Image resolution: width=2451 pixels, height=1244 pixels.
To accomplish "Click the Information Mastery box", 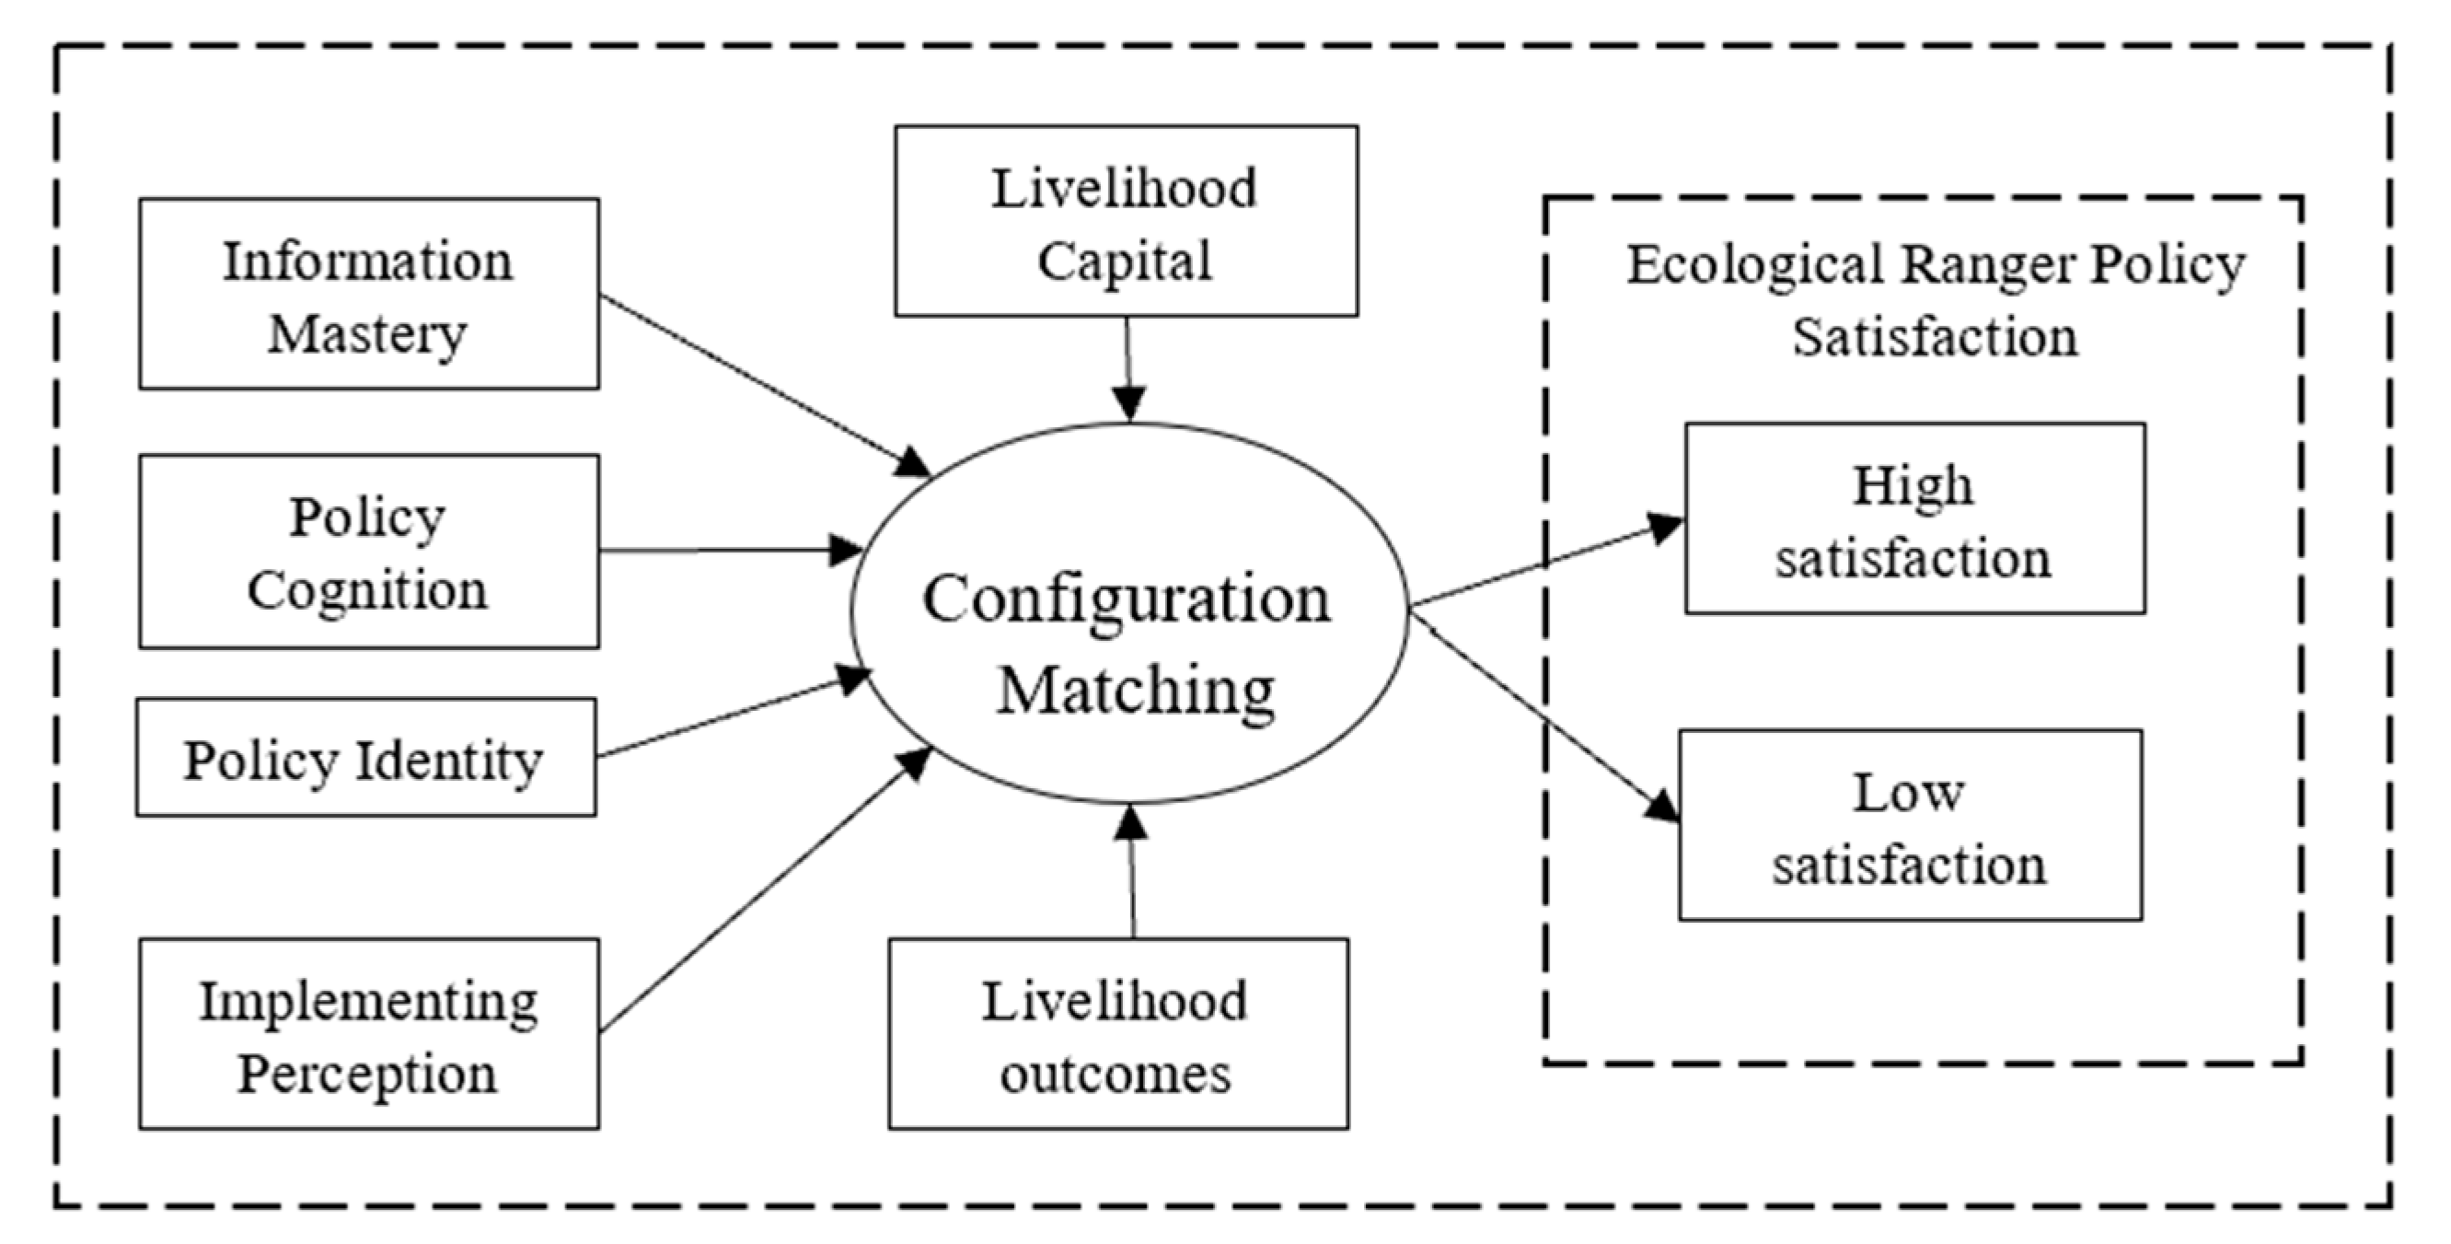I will (x=369, y=294).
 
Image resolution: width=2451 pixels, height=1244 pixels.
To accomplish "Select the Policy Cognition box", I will (x=369, y=552).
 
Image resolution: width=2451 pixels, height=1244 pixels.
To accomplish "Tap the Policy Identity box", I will (x=366, y=759).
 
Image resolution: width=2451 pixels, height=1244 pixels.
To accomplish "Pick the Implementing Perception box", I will (x=369, y=1035).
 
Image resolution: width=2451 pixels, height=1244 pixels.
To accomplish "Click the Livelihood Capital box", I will (x=1126, y=222).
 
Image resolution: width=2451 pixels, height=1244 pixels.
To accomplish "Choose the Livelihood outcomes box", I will (x=1118, y=1035).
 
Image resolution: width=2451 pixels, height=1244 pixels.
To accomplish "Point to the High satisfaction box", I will (x=1914, y=519).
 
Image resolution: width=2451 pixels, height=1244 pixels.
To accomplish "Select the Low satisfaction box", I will (x=1910, y=825).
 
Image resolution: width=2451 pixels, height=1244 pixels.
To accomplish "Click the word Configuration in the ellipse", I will (x=1127, y=599).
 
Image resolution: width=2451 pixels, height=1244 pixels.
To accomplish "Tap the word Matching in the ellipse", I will (x=1135, y=690).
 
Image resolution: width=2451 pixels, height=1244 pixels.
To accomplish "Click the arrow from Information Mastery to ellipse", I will (x=761, y=383).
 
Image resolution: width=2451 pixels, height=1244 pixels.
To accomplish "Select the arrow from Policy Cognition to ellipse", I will (x=728, y=551).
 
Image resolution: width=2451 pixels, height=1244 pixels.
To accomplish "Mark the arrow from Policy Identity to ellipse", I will (x=733, y=715).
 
